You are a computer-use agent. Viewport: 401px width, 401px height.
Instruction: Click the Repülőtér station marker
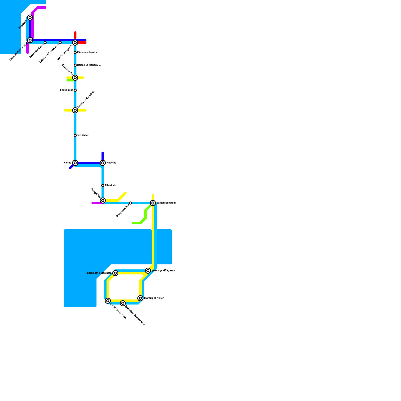[x=30, y=18]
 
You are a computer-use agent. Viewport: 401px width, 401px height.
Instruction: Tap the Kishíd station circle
[x=75, y=163]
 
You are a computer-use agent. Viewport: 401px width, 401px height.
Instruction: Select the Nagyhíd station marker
[x=103, y=163]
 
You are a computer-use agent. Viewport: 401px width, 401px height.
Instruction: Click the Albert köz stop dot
[x=103, y=185]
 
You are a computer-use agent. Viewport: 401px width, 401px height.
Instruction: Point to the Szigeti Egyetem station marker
[x=153, y=203]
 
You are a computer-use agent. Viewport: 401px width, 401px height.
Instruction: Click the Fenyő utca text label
[x=67, y=90]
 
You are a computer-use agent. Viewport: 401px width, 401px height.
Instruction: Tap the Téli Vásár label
[x=83, y=135]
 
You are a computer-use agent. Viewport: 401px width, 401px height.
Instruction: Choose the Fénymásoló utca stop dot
[x=75, y=53]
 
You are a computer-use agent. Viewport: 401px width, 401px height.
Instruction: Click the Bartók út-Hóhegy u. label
[x=89, y=65]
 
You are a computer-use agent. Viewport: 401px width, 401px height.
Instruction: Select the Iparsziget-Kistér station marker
[x=140, y=298]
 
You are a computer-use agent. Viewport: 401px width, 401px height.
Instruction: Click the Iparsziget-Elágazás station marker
[x=148, y=271]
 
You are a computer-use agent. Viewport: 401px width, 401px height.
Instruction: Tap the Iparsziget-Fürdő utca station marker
[x=115, y=273]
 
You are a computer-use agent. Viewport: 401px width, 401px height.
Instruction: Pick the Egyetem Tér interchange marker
[x=75, y=78]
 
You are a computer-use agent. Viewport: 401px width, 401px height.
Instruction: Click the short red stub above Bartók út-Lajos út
[x=75, y=35]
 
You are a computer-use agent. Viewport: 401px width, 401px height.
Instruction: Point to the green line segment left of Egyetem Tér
[x=70, y=80]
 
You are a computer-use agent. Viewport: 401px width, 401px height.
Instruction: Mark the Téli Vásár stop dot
[x=75, y=135]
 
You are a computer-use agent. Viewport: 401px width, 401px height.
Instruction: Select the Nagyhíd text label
[x=111, y=163]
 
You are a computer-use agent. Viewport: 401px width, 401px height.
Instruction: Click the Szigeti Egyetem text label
[x=166, y=203]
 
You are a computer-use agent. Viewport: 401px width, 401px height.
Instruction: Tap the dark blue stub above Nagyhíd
[x=103, y=156]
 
